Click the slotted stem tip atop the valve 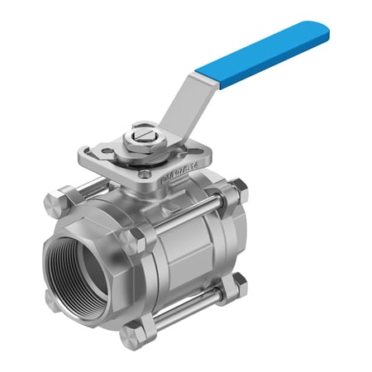click(x=141, y=132)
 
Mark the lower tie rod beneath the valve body click(x=186, y=309)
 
